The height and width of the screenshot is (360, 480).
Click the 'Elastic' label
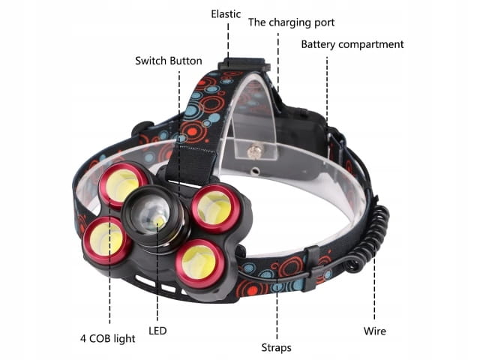pyautogui.click(x=226, y=14)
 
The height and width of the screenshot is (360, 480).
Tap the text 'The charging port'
pyautogui.click(x=291, y=22)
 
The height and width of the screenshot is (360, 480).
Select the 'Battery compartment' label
pyautogui.click(x=352, y=44)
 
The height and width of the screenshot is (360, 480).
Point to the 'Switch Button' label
pyautogui.click(x=169, y=61)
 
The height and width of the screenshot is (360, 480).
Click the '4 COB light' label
pyautogui.click(x=108, y=338)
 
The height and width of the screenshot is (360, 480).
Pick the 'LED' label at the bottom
pyautogui.click(x=157, y=331)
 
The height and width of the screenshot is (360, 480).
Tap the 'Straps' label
pyautogui.click(x=277, y=348)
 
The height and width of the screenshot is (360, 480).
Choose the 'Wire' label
pyautogui.click(x=375, y=331)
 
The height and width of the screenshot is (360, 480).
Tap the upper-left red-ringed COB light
pyautogui.click(x=123, y=184)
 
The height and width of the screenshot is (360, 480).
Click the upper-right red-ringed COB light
pyautogui.click(x=215, y=208)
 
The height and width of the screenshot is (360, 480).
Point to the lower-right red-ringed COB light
pyautogui.click(x=200, y=263)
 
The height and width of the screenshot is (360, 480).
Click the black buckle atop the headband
pyautogui.click(x=244, y=65)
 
